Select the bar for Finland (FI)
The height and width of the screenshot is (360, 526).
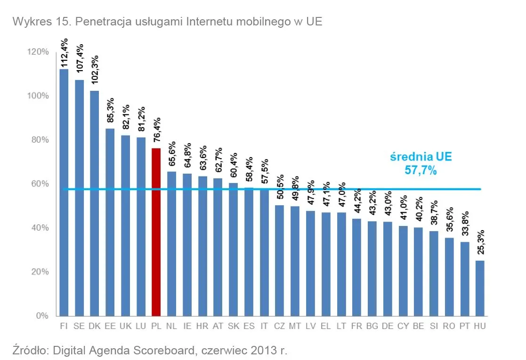tap(64, 192)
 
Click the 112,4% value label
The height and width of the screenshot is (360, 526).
tap(65, 53)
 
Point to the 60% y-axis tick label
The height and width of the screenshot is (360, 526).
tap(39, 184)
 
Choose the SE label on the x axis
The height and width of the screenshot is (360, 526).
tap(79, 326)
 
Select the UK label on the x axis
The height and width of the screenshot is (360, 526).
tap(125, 326)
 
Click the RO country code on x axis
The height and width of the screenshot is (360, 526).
tap(449, 326)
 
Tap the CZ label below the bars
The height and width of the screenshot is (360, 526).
tap(279, 326)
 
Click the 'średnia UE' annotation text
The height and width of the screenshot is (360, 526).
tap(421, 157)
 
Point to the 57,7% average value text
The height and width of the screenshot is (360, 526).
tap(421, 170)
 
